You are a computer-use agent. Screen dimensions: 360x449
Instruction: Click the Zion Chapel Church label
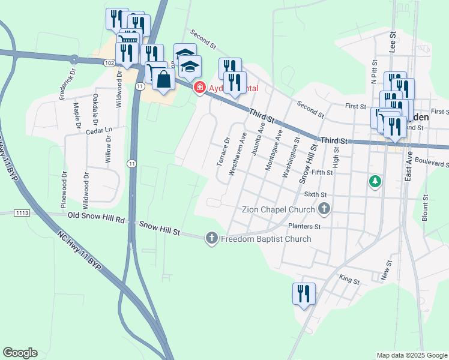(278, 209)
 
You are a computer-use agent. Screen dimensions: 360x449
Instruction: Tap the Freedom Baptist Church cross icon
(211, 239)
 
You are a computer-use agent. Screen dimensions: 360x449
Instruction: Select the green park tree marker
(375, 180)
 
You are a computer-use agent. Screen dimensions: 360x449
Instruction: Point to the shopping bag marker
(163, 79)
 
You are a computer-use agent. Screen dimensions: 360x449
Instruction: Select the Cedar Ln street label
(99, 129)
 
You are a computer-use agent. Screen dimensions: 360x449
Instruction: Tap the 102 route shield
(109, 62)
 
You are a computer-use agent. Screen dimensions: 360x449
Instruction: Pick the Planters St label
(305, 227)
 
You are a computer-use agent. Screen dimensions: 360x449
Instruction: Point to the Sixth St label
(315, 194)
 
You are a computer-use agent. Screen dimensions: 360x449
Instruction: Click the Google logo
(20, 353)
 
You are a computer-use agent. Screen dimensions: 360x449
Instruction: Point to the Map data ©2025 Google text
(412, 355)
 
